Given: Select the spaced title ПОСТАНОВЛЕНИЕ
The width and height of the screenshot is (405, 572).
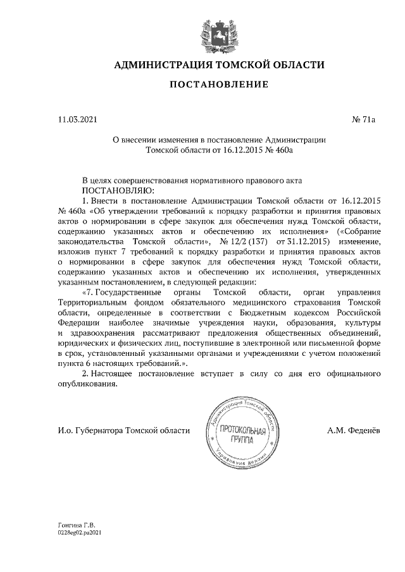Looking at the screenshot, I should (218, 85).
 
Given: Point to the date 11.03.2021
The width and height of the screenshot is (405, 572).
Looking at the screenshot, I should (75, 118).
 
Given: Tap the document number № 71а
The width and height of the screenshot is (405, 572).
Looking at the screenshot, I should (363, 118).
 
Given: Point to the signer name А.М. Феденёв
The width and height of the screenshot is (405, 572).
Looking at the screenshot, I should (354, 430).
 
